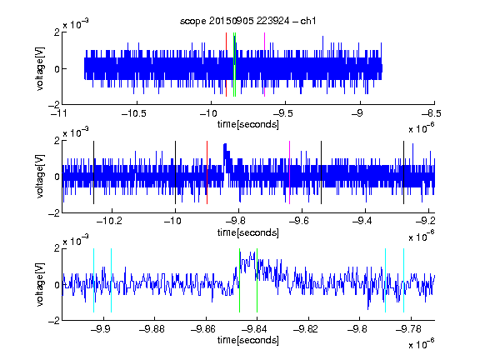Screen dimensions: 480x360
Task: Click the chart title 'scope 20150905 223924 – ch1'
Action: click(248, 21)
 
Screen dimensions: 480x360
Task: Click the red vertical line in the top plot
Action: click(226, 65)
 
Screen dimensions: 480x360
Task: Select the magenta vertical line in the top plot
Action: click(264, 65)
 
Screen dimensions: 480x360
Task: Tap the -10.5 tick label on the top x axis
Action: click(134, 113)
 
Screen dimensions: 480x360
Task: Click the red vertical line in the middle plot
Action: click(207, 172)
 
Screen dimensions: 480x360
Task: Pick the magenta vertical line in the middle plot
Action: click(290, 172)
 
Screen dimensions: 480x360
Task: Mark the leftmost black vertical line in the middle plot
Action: click(93, 172)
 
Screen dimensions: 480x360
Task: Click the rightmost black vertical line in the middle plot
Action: click(403, 172)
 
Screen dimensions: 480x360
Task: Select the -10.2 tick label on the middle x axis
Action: click(109, 221)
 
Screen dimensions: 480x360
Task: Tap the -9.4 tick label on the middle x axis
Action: click(362, 221)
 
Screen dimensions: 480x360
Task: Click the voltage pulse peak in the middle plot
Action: click(225, 143)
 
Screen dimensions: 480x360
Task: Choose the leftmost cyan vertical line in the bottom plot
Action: click(93, 280)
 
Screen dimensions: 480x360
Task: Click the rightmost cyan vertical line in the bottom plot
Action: click(403, 280)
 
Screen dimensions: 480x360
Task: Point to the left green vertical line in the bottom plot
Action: click(239, 280)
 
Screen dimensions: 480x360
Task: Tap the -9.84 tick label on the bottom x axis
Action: click(254, 329)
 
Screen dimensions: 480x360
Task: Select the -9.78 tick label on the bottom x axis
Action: click(408, 329)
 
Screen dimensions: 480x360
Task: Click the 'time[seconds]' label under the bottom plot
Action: click(248, 340)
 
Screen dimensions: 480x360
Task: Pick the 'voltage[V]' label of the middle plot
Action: click(40, 177)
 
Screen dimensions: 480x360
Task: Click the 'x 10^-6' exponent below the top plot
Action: click(422, 128)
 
